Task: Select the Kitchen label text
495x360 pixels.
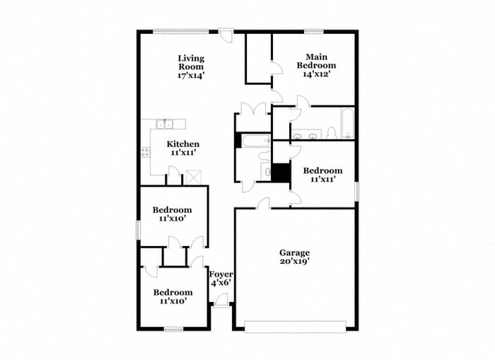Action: pos(182,144)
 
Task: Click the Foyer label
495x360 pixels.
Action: pos(221,274)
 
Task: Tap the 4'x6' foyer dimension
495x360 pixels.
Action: pos(221,283)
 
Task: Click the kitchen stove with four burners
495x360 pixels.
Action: pos(145,152)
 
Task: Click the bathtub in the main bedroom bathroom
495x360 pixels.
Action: pos(347,124)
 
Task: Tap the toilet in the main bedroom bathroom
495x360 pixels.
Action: pos(330,132)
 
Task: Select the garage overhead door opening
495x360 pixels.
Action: pos(294,325)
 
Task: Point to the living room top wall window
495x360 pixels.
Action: pos(181,30)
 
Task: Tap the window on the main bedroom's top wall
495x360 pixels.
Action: pos(314,30)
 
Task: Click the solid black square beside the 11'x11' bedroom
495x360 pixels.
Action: pos(281,173)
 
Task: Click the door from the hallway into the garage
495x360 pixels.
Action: pos(262,204)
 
